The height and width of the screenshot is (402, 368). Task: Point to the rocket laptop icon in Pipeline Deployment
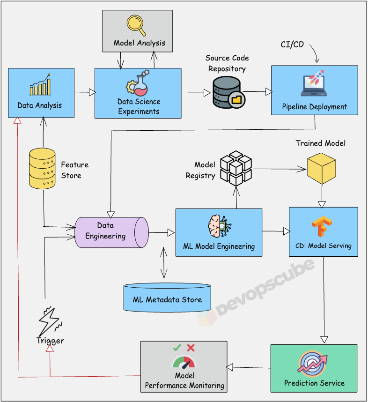click(314, 83)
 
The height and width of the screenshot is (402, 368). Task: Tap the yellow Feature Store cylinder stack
click(42, 168)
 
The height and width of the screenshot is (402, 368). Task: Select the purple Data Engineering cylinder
click(111, 231)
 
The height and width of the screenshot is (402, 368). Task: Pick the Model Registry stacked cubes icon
click(236, 167)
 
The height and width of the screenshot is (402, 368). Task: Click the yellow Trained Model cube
click(321, 167)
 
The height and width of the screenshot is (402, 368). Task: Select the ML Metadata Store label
click(167, 299)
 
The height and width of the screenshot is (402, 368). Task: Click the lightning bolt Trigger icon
click(49, 320)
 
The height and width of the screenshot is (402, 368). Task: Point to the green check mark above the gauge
click(177, 348)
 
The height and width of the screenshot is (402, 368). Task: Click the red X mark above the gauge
click(191, 348)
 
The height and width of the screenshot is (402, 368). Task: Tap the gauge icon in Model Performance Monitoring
click(184, 363)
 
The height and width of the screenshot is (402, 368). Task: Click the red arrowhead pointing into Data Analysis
click(17, 120)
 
